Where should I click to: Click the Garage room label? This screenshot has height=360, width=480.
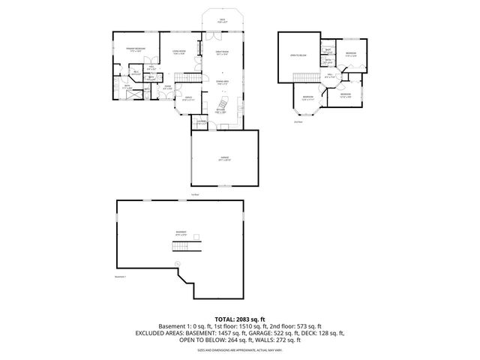[x=223, y=159]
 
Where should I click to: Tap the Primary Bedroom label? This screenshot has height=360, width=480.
[x=135, y=50]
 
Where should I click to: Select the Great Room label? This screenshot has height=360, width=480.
[x=223, y=54]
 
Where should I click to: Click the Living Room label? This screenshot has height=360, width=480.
[x=178, y=52]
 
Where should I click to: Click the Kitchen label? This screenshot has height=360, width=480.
[x=222, y=112]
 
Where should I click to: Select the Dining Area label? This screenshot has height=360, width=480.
[x=223, y=82]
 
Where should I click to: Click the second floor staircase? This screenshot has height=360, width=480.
[x=303, y=78]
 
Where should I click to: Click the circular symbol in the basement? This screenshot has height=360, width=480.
[x=177, y=262]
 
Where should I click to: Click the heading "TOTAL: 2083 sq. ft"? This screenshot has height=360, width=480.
[x=239, y=319]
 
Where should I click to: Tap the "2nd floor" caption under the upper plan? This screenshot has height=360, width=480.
[x=297, y=121]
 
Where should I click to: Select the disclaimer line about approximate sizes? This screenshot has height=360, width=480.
[x=239, y=349]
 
